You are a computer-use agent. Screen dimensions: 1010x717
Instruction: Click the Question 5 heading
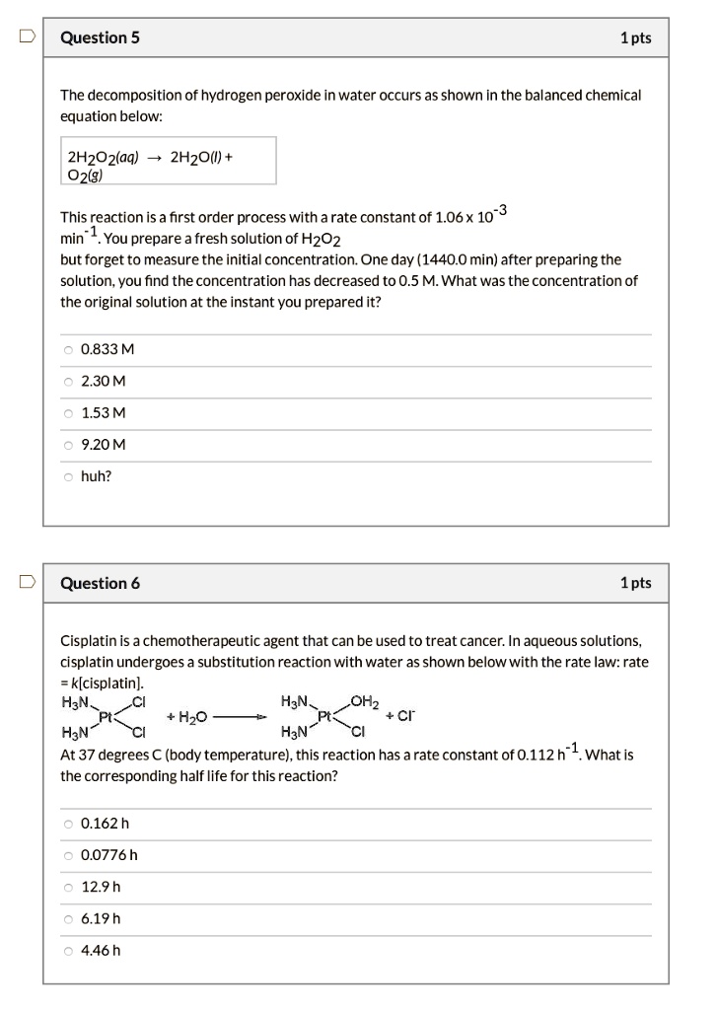(x=100, y=37)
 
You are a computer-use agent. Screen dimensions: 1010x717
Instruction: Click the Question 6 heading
(x=100, y=583)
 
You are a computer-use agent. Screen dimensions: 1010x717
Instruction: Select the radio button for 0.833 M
(x=68, y=349)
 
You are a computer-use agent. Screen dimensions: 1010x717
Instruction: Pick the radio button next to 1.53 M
(x=68, y=412)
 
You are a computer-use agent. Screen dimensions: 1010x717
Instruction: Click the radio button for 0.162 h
(x=68, y=824)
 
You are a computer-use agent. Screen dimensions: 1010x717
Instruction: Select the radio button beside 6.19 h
(x=68, y=918)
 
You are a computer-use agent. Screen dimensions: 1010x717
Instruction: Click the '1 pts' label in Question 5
(x=635, y=37)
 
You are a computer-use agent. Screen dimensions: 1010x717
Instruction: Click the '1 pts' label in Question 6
(x=635, y=583)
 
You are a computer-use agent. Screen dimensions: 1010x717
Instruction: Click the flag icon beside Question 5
(x=27, y=37)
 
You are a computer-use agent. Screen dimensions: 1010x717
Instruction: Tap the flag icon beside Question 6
(x=27, y=582)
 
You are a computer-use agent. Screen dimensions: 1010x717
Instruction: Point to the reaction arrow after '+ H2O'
(x=241, y=718)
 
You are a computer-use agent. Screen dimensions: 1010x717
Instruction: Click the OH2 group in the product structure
(x=364, y=703)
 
